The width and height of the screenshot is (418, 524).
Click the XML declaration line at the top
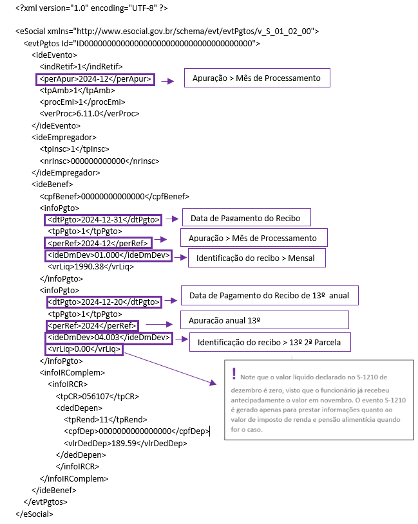91,8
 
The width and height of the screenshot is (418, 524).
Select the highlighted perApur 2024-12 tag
95,80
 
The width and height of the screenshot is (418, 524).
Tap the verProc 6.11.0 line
90,114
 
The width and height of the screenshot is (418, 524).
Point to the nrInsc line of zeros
99,161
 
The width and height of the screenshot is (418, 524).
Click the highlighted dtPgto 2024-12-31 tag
103,220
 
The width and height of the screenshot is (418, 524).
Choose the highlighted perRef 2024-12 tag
98,243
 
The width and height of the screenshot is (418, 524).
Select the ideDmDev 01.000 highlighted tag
108,255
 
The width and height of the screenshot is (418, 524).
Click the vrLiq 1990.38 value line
91,267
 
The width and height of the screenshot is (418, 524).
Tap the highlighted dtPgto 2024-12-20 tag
104,302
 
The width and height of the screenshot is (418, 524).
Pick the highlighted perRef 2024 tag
92,325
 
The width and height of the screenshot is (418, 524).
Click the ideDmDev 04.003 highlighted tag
109,338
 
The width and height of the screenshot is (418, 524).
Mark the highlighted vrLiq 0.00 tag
84,349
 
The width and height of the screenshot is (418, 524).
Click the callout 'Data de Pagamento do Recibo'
246,217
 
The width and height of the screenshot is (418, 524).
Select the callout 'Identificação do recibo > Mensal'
257,258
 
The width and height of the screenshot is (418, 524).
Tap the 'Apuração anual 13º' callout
264,320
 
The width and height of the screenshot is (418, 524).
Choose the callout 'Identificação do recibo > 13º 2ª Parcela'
270,342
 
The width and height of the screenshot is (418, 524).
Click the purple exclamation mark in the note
234,374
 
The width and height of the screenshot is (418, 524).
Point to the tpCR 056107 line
97,396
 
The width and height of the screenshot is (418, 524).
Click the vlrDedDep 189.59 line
126,444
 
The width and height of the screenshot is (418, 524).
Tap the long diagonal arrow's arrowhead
213,383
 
